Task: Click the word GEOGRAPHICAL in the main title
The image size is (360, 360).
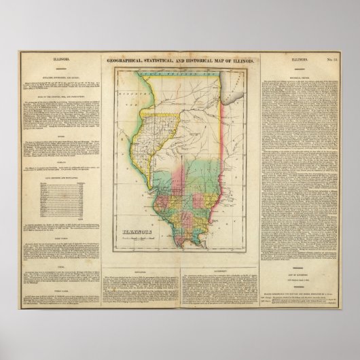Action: point(127,61)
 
